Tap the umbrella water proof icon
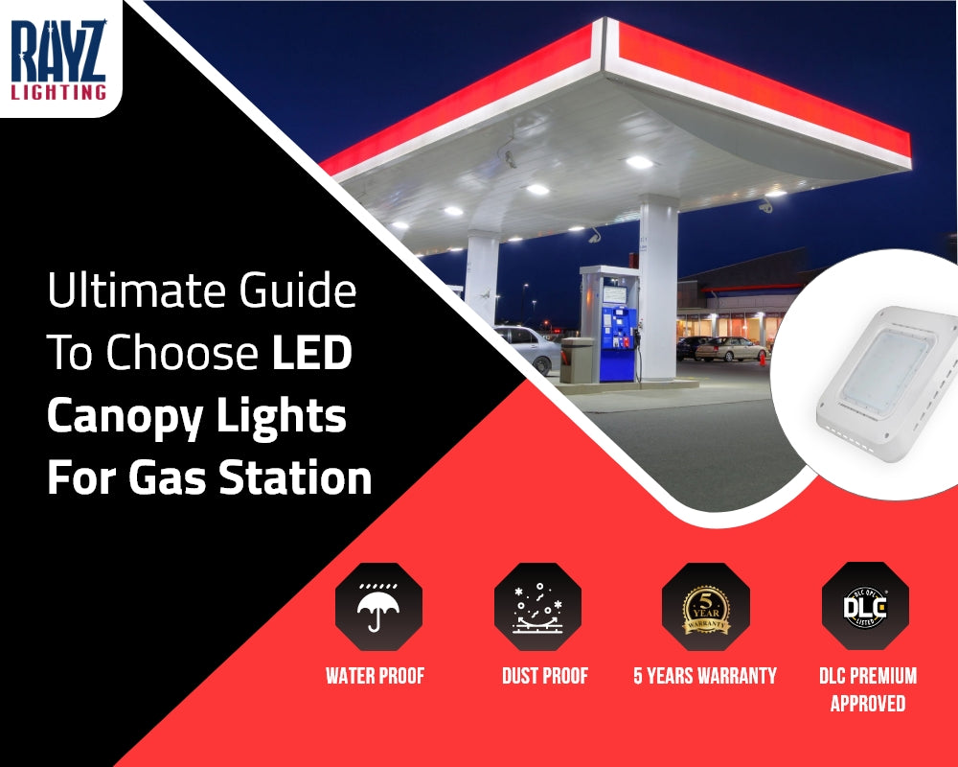tap(378, 607)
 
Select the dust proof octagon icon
tap(537, 607)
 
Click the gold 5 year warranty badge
tap(706, 607)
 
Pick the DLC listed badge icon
tap(865, 606)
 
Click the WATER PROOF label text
tap(375, 676)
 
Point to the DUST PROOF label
tap(545, 676)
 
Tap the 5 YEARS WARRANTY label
tap(705, 676)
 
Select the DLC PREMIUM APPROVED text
tap(868, 688)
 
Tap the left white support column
tap(481, 278)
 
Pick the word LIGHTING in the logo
tap(58, 92)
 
